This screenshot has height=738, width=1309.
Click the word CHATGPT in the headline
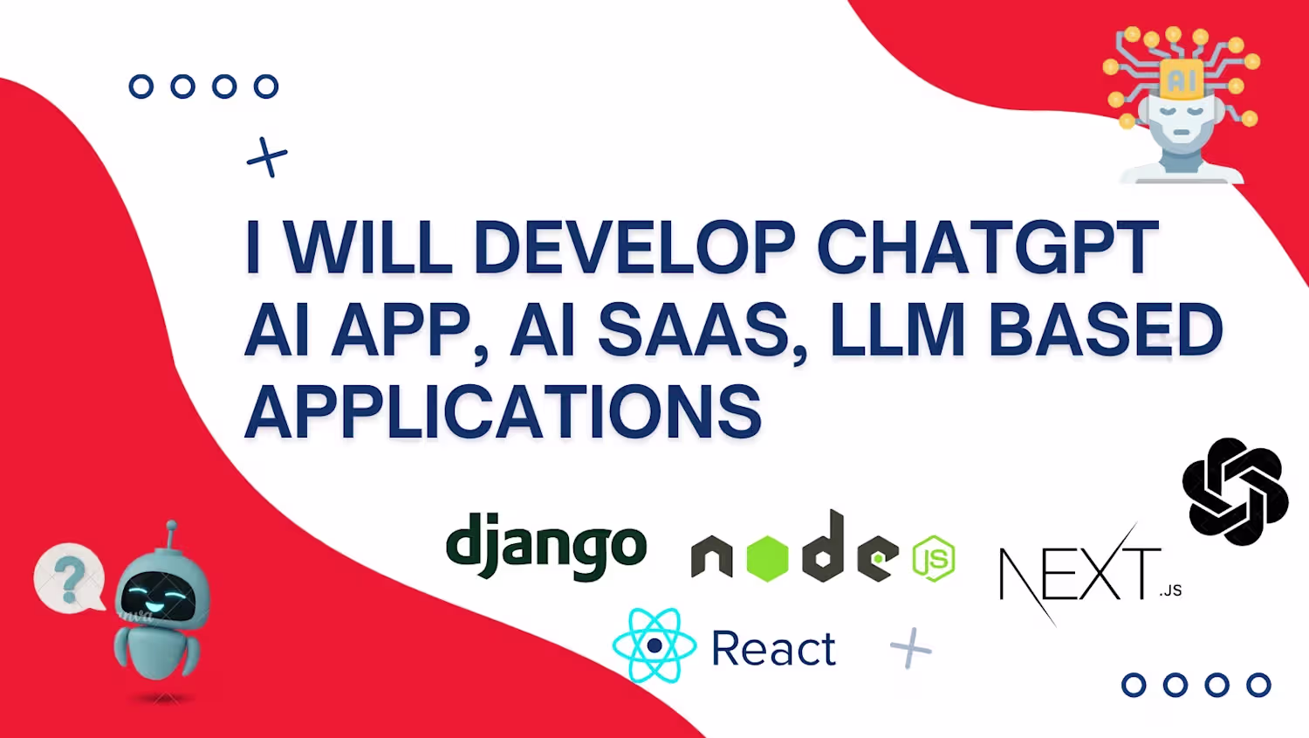pos(988,247)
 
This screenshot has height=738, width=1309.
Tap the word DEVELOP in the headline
pos(634,247)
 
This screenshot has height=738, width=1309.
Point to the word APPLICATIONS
pos(504,411)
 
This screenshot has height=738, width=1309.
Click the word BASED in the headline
pos(1105,330)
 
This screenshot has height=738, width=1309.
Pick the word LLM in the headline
pos(898,330)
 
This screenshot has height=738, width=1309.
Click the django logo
pos(545,547)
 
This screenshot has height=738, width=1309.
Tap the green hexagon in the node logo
pos(767,558)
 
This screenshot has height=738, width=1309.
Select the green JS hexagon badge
pos(934,558)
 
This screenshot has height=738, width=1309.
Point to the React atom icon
pos(654,645)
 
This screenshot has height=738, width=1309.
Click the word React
pos(774,649)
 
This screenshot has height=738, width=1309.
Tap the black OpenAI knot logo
pos(1235,492)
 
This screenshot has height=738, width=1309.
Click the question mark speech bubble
pos(70,579)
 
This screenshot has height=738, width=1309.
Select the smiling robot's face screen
pos(158,597)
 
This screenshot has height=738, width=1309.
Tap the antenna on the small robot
pos(171,534)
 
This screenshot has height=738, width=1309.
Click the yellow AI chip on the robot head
pos(1181,79)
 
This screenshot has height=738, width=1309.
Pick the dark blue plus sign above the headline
pos(267,156)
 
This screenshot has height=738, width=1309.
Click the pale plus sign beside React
pos(910,648)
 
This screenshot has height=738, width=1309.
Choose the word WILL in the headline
pos(369,247)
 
